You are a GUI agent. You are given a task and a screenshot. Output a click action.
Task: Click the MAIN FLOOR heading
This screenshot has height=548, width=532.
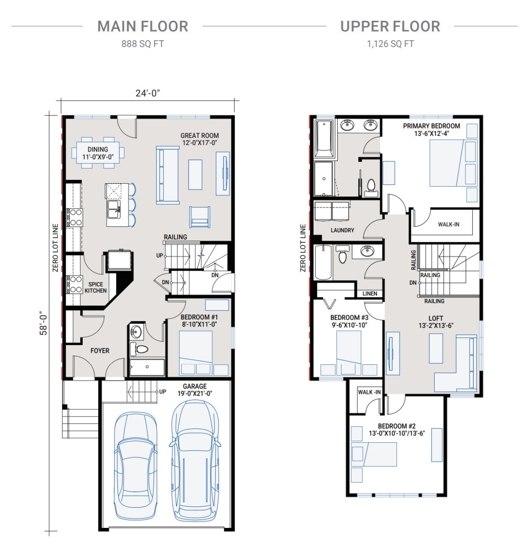click(143, 27)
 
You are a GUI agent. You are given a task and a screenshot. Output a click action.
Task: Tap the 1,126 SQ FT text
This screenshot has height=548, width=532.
click(390, 44)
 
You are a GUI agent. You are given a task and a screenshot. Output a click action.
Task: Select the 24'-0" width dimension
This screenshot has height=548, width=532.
click(147, 93)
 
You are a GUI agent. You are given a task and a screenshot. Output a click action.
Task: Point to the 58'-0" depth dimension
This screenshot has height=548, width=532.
click(44, 323)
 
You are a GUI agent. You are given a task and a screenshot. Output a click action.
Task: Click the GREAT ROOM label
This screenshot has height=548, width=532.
click(199, 139)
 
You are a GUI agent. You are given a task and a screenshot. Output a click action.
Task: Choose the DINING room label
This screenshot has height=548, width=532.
click(98, 153)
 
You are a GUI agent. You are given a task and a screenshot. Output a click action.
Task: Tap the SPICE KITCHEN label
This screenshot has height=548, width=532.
click(96, 287)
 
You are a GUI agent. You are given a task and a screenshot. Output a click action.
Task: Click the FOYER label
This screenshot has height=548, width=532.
click(100, 351)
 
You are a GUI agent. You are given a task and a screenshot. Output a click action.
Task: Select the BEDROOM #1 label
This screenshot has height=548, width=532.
click(199, 321)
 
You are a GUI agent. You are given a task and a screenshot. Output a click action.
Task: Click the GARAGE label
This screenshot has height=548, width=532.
click(195, 390)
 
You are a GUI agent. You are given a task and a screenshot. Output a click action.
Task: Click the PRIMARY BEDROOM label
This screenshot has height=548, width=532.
click(431, 129)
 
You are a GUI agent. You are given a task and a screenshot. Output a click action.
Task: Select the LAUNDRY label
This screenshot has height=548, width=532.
click(343, 230)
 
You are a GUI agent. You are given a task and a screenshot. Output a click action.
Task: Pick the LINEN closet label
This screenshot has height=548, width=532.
click(370, 293)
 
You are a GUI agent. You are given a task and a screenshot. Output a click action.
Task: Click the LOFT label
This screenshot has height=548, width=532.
click(436, 322)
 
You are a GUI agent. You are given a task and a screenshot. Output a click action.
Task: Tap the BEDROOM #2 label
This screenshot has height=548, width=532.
click(397, 429)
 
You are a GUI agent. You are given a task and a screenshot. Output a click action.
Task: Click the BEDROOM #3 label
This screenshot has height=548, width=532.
click(349, 321)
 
